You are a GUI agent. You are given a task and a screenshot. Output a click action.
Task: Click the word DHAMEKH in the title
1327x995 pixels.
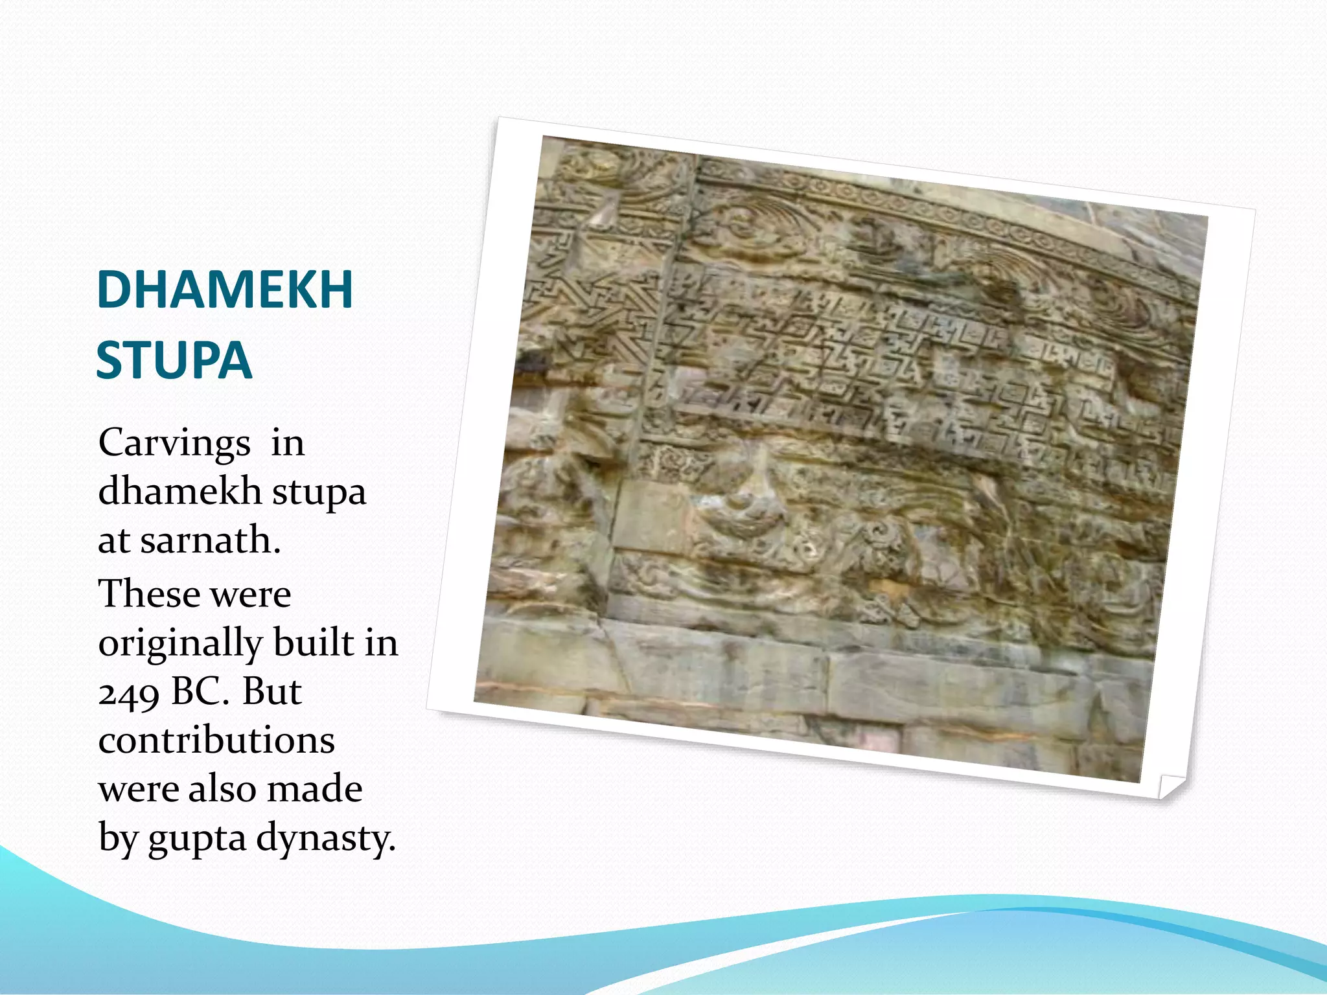coord(224,290)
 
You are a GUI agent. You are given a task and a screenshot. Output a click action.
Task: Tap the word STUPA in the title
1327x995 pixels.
coord(174,360)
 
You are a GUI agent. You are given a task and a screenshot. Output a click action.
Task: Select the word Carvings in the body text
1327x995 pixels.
coord(174,444)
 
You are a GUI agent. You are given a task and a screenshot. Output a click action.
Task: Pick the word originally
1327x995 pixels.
coord(179,643)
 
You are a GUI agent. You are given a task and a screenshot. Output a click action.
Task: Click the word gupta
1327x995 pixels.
coord(197,839)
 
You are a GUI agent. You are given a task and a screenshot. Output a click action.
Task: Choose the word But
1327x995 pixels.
coord(272,691)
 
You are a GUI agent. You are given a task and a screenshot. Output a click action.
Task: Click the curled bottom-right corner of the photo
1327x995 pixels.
coord(1170,785)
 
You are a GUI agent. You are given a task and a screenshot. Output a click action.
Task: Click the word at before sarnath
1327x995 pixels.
coord(113,541)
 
